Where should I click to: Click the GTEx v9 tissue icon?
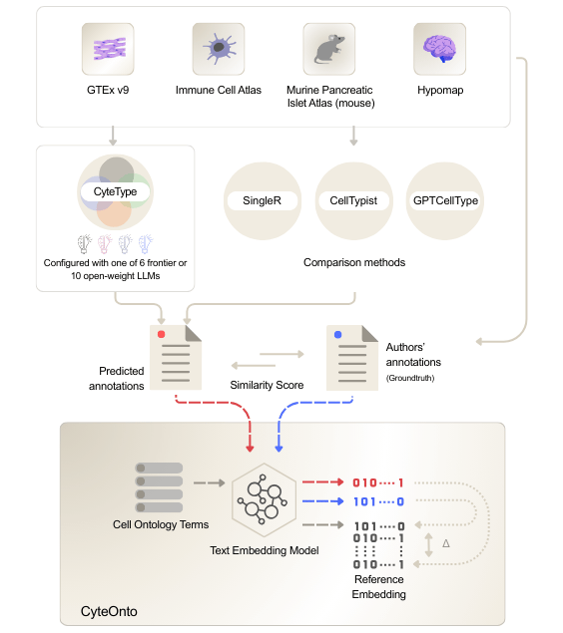(108, 49)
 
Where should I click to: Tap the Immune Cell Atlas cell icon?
(218, 49)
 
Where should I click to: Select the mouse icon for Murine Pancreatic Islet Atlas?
(329, 49)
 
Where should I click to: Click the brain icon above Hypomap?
(439, 49)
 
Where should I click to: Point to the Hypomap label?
(439, 91)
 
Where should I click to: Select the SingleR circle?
(262, 200)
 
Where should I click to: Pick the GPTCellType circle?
(444, 200)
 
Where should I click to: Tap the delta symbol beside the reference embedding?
(445, 543)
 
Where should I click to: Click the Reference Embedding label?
(378, 587)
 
